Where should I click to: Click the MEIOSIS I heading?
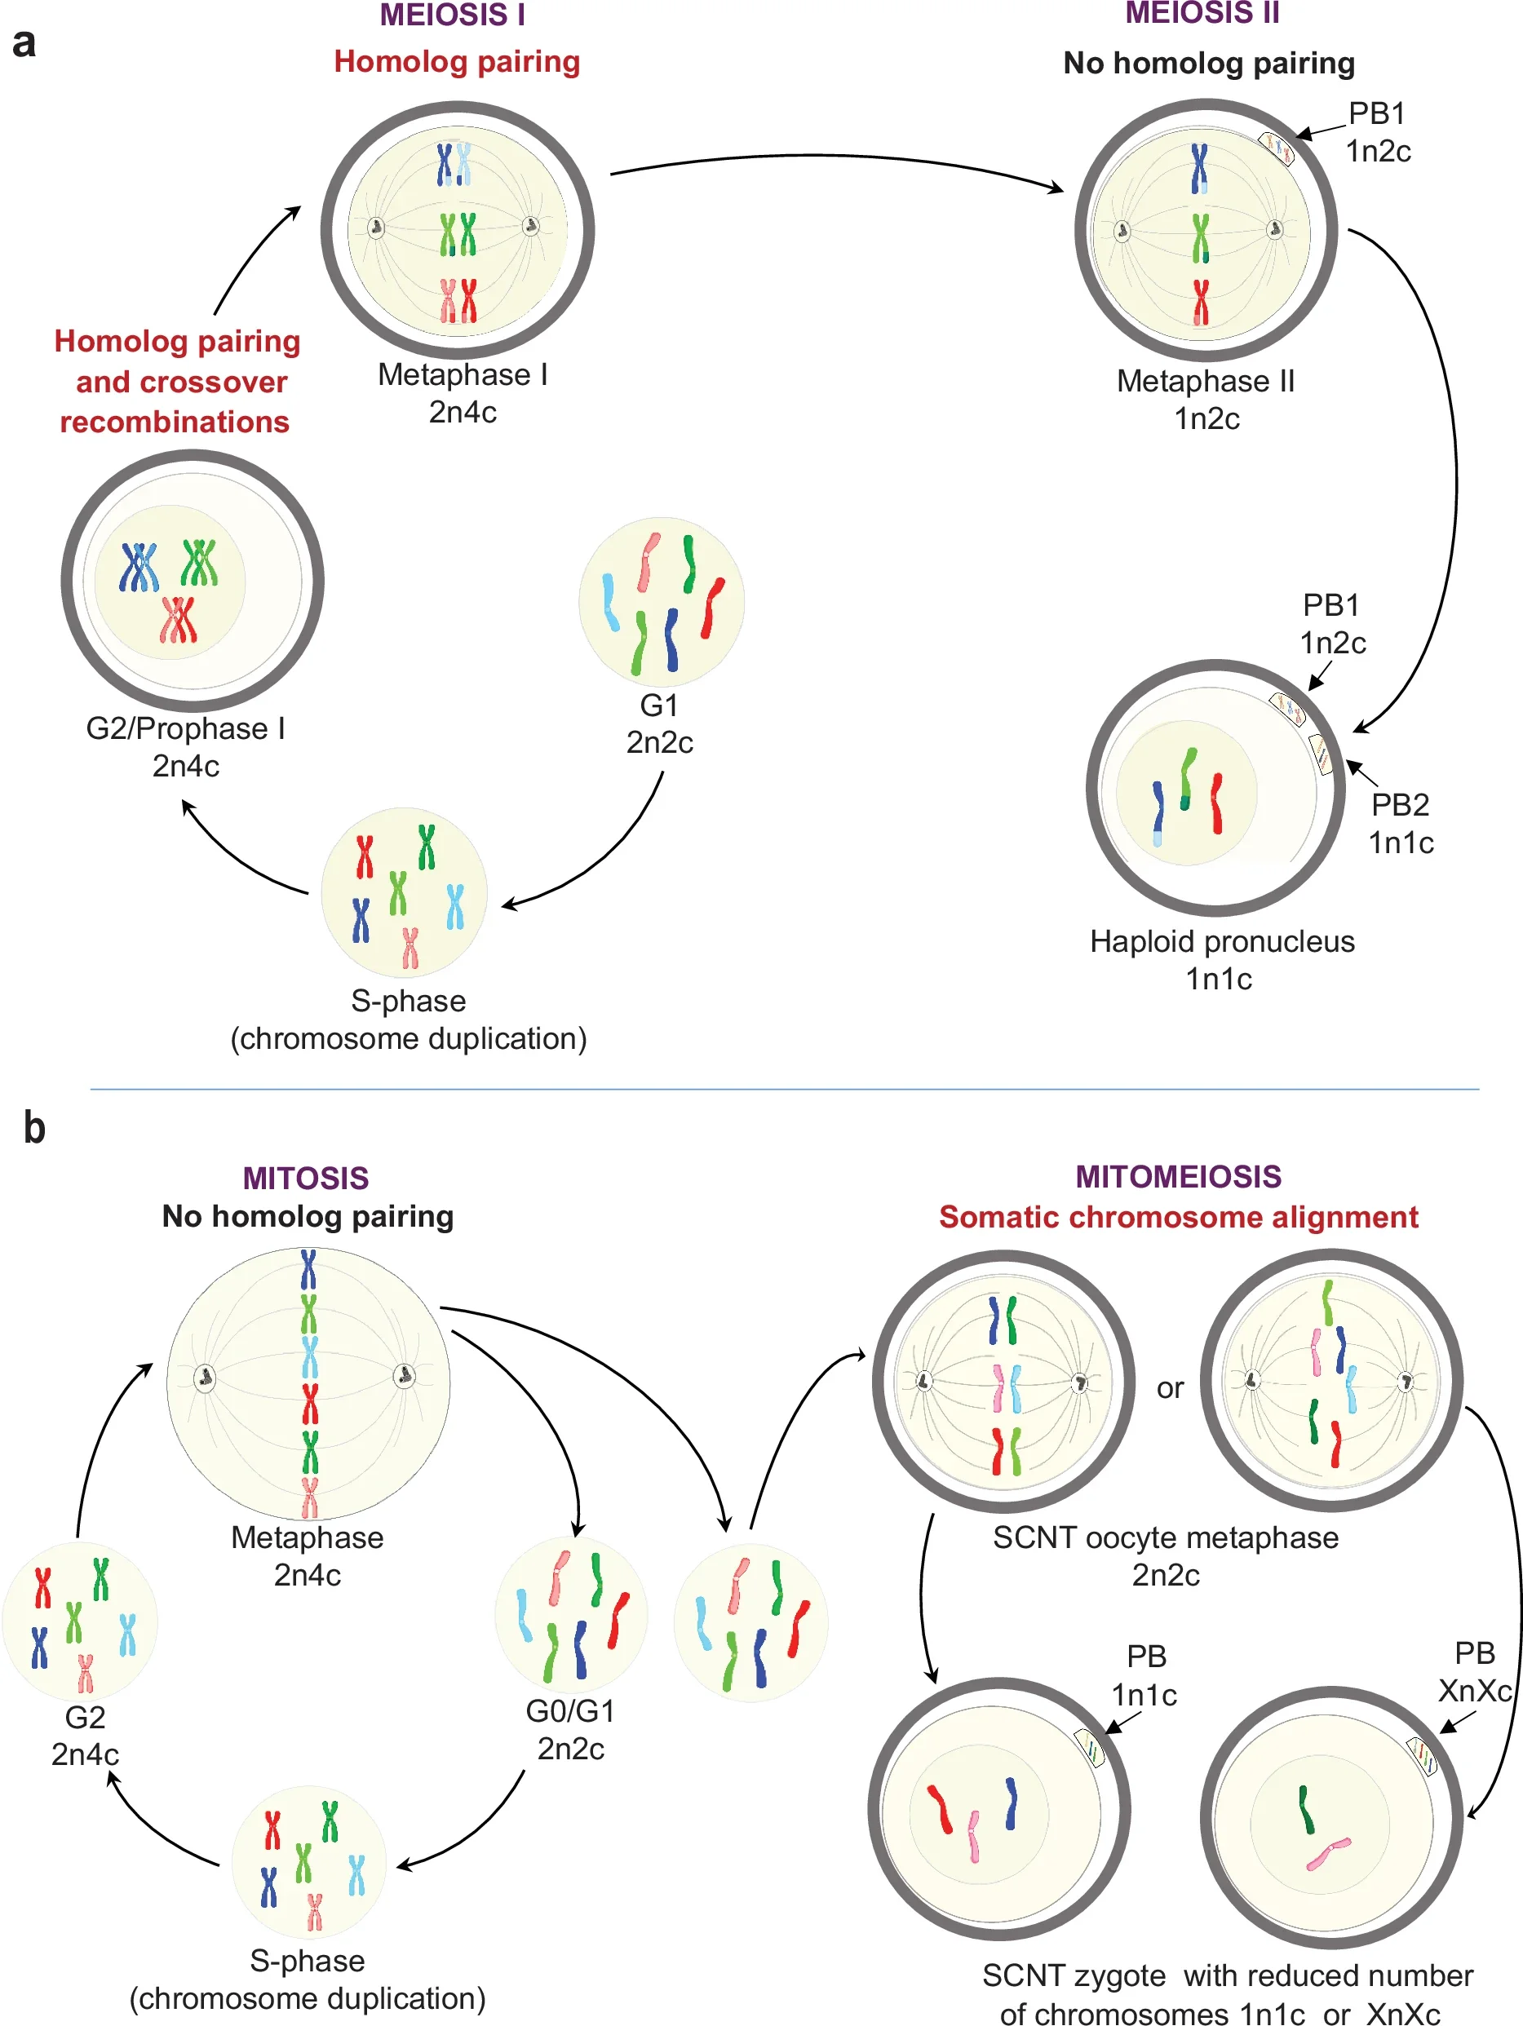[x=453, y=15]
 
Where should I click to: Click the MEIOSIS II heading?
[x=1202, y=13]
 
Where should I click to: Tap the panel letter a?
[x=24, y=43]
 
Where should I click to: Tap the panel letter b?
[x=34, y=1127]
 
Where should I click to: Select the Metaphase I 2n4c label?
[x=463, y=393]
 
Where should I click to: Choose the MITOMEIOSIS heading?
[x=1178, y=1177]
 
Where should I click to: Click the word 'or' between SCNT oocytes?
[x=1170, y=1388]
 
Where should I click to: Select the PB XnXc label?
[x=1473, y=1671]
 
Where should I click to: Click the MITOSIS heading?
[x=306, y=1178]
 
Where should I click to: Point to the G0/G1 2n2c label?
[x=570, y=1729]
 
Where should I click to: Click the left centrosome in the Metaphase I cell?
[x=375, y=227]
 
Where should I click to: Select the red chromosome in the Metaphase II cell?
[x=1200, y=303]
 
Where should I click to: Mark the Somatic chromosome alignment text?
[x=1178, y=1217]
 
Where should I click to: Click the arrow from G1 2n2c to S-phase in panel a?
[x=604, y=856]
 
